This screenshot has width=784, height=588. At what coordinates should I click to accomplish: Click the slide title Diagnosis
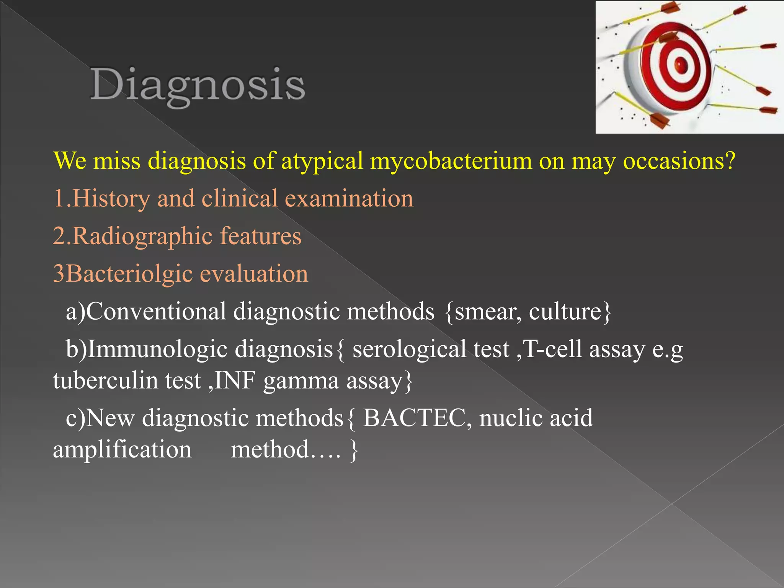tap(198, 85)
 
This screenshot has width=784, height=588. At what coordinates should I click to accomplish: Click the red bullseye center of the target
tap(680, 63)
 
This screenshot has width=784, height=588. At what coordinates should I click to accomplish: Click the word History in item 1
tap(111, 199)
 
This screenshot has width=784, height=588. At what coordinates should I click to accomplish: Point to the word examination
tap(349, 199)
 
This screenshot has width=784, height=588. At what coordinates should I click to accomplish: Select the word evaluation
tap(254, 274)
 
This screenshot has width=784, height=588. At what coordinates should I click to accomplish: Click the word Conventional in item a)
tap(156, 311)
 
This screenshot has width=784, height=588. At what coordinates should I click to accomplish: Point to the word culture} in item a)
tap(570, 311)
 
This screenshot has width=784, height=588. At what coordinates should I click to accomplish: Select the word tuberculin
tap(106, 381)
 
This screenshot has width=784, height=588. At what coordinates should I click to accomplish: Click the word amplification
tap(122, 449)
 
